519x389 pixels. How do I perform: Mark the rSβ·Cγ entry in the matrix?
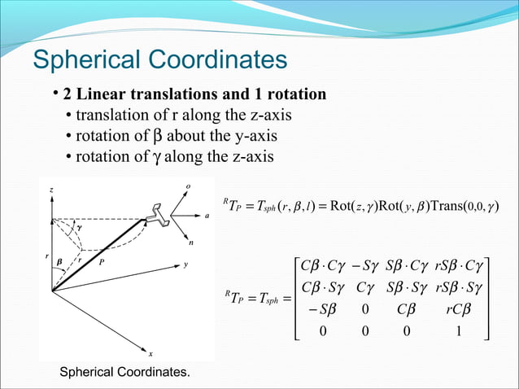coord(460,265)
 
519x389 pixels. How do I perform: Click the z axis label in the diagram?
coord(52,190)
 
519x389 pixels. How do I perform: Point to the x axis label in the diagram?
coord(150,353)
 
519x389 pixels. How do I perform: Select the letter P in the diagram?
coord(102,263)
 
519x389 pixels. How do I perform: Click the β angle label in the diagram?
coord(60,263)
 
